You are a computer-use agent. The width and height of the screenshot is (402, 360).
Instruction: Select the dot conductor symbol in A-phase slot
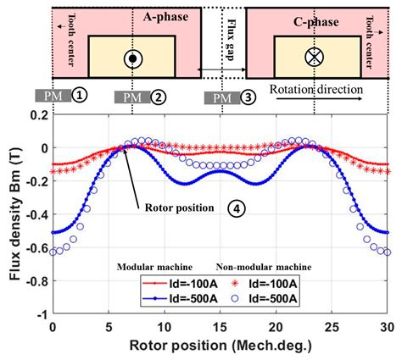(x=131, y=58)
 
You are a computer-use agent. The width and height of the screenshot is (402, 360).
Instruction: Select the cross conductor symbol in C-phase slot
(x=314, y=58)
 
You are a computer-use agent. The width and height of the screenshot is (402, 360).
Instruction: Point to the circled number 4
(x=236, y=208)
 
